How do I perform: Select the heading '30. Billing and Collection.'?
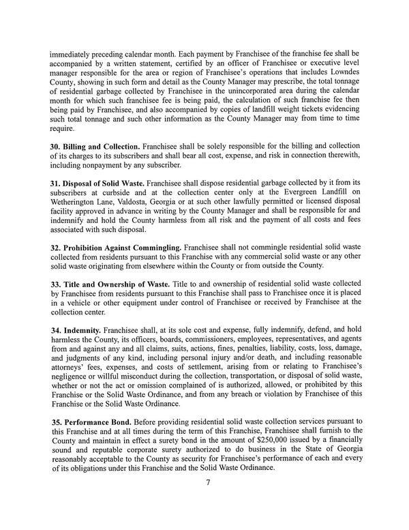(x=96, y=166)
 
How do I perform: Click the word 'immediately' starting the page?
(x=72, y=52)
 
